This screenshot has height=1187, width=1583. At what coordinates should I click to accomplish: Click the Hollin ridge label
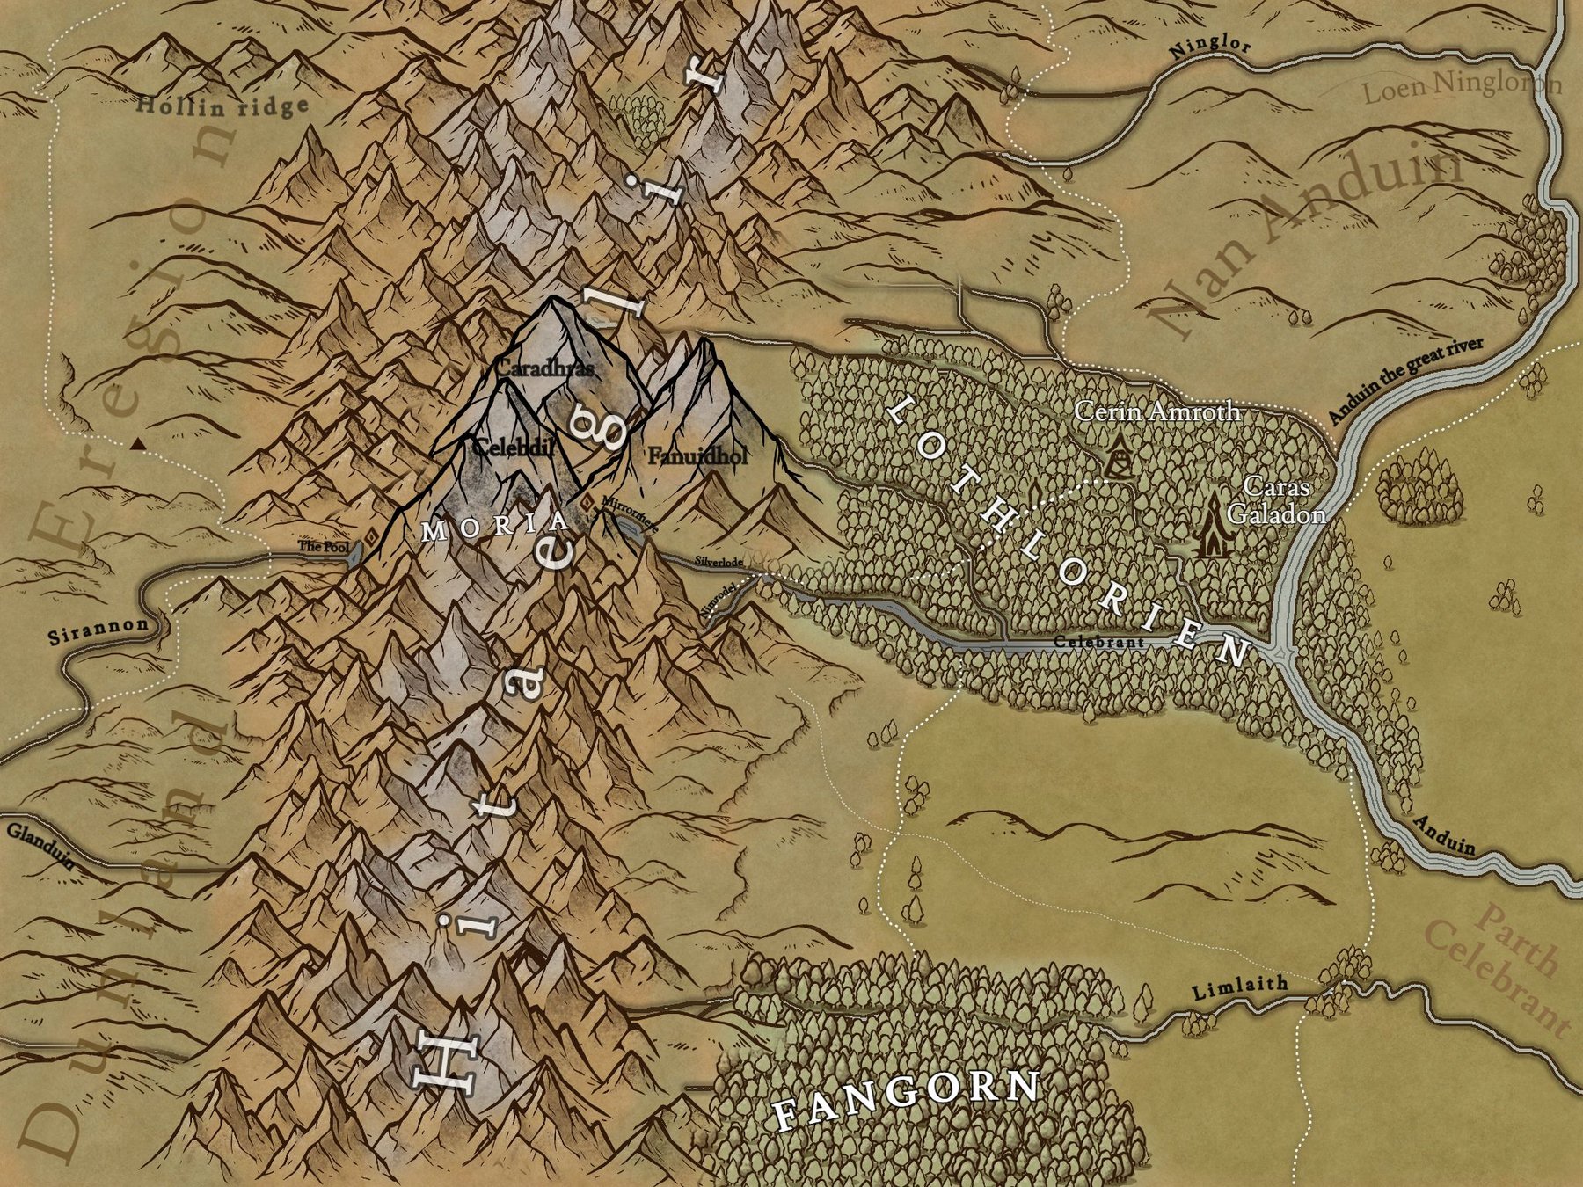[x=223, y=106]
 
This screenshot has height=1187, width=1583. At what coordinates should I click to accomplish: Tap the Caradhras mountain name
[x=544, y=368]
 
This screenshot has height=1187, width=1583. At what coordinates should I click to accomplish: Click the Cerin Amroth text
[x=1157, y=411]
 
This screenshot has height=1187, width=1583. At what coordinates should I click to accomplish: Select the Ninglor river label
[x=1209, y=49]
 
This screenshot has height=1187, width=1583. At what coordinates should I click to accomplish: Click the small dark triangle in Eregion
[x=137, y=444]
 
